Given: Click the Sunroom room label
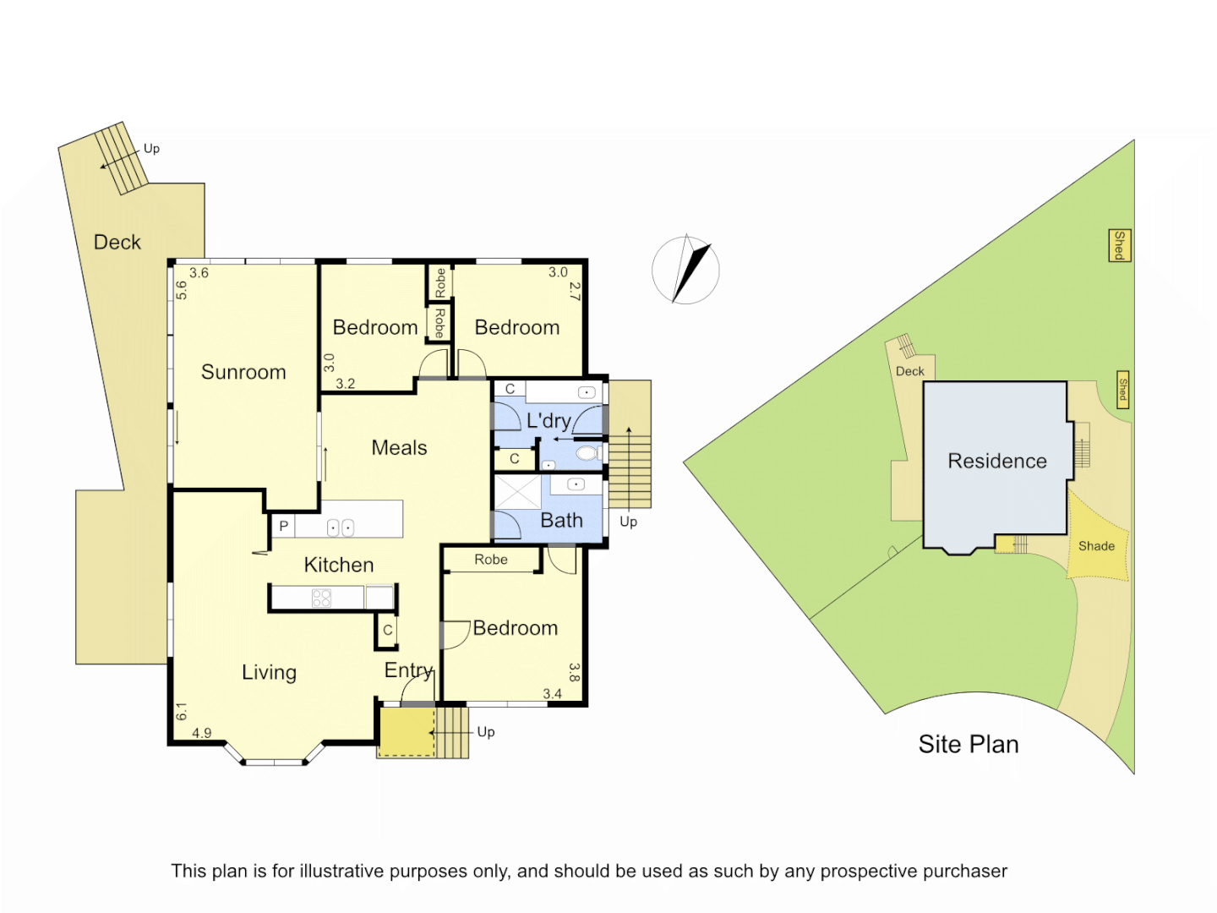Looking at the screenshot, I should coord(243,372).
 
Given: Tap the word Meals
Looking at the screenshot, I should coord(399,448).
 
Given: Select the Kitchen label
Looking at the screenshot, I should coord(338,565).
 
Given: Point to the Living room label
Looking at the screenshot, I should coord(269,672).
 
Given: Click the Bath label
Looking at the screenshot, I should coord(561,521).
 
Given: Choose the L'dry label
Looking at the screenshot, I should coord(548,420).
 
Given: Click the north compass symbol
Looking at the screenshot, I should coord(686,270).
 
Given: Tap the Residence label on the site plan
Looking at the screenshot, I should coord(997,461).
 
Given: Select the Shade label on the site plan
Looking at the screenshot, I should coord(1096,546).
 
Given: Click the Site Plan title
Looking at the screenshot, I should coord(969,744).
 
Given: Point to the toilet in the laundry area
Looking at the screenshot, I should coord(587,454).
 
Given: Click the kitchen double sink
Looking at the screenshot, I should coord(340,528).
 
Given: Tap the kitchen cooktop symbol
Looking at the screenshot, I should coord(321,599).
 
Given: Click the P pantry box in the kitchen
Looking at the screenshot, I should coord(283,526).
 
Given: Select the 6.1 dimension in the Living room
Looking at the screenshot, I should coord(181,712).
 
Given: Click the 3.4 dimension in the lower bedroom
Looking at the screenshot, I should coord(552,694).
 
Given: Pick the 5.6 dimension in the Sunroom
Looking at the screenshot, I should coord(181,290).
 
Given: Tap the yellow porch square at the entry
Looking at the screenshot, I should coord(406,731).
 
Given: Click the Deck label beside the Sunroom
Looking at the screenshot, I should coord(117,243).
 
